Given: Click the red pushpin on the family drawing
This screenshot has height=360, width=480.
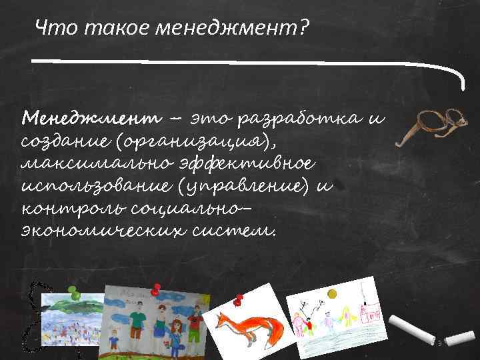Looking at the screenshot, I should pyautogui.click(x=157, y=289).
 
